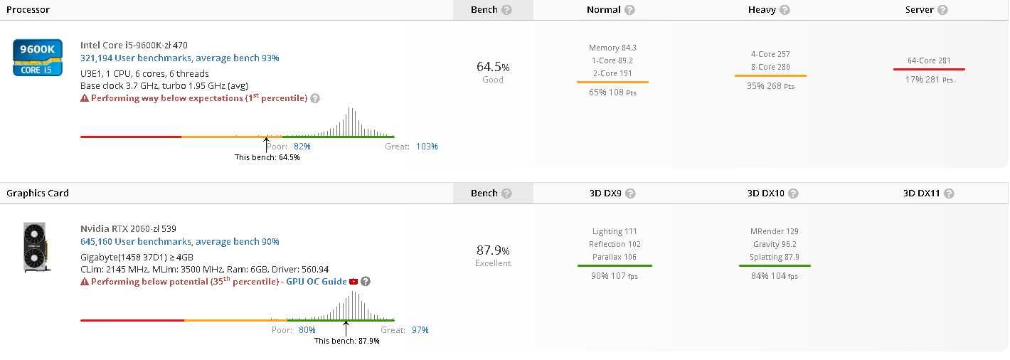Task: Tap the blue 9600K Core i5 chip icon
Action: pos(37,58)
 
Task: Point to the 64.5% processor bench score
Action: pos(492,67)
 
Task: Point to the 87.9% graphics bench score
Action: pos(492,250)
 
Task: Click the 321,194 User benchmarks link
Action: pos(179,58)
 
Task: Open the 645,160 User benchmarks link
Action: pos(179,242)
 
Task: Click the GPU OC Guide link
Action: pos(317,282)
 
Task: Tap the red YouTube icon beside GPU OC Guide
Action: pos(353,282)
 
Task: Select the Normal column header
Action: pos(603,10)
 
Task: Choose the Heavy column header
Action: pos(762,10)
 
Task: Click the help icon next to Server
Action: pos(942,10)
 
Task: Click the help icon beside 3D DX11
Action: pos(949,194)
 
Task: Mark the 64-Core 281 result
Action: pos(929,60)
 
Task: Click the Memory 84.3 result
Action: pos(612,48)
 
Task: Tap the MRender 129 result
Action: pos(774,231)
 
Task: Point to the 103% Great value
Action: pos(427,147)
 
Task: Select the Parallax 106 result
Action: pos(615,257)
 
